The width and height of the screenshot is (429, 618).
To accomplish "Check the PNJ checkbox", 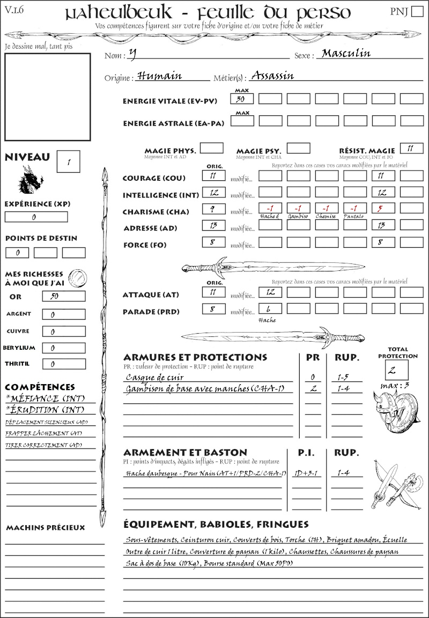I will click(x=416, y=12).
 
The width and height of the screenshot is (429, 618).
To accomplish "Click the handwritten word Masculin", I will click(x=346, y=53).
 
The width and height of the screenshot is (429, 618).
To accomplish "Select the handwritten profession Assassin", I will click(x=272, y=75).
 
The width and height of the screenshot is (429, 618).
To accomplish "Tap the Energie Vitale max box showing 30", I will click(x=242, y=99).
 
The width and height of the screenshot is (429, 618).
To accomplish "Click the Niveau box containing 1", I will click(x=69, y=161).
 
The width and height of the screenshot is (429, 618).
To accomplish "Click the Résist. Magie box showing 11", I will click(x=411, y=148).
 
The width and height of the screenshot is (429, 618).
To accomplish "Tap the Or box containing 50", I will click(x=63, y=296).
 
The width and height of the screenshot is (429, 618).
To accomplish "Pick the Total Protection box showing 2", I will click(x=396, y=370).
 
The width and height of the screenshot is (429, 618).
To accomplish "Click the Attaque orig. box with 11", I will click(x=213, y=292).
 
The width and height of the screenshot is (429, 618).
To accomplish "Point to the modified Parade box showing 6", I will click(x=270, y=309).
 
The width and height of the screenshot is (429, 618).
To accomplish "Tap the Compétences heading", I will click(x=40, y=387).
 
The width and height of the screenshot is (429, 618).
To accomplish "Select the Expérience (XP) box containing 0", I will click(x=36, y=217).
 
